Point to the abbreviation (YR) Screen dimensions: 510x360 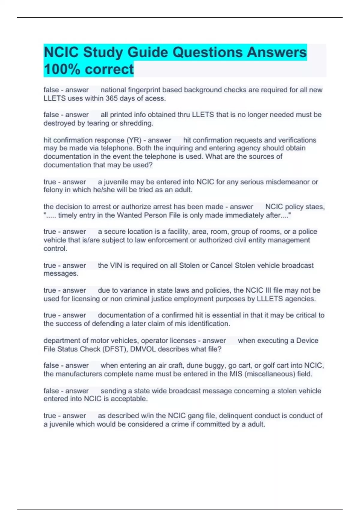133,140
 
